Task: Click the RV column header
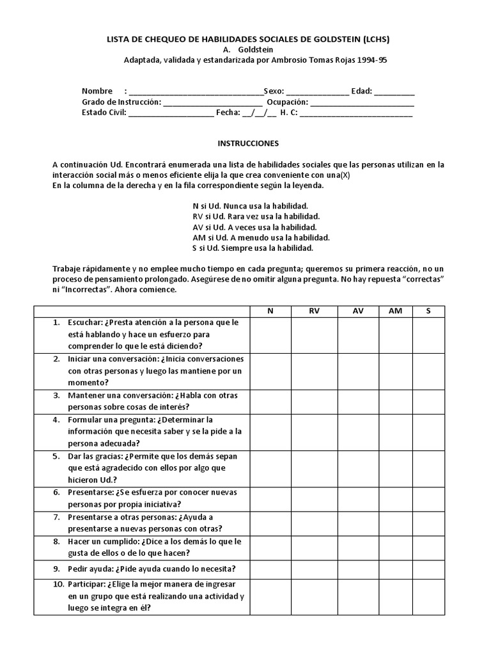(x=314, y=311)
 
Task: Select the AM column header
(x=395, y=311)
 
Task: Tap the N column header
(x=270, y=311)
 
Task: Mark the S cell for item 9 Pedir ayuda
(x=428, y=568)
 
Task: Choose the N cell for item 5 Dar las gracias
(x=270, y=468)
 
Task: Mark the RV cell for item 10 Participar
(x=314, y=596)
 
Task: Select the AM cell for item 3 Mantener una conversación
(x=395, y=401)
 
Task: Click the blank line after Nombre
(x=196, y=91)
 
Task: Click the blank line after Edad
(x=394, y=91)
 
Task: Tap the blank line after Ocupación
(x=362, y=102)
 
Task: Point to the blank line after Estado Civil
(x=171, y=113)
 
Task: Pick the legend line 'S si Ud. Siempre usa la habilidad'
(x=253, y=248)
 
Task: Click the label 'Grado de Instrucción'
(x=121, y=102)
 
